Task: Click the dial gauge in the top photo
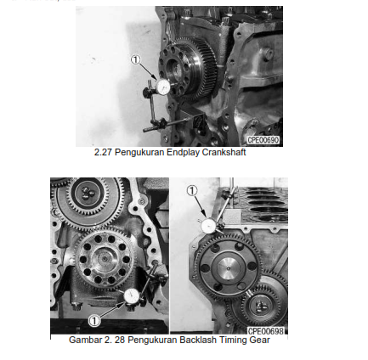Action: click(162, 86)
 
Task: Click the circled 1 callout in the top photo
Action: click(134, 59)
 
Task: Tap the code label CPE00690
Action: click(263, 139)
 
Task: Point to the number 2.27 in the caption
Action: click(101, 153)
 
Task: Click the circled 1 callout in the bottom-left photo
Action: click(94, 320)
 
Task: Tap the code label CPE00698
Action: click(267, 331)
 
